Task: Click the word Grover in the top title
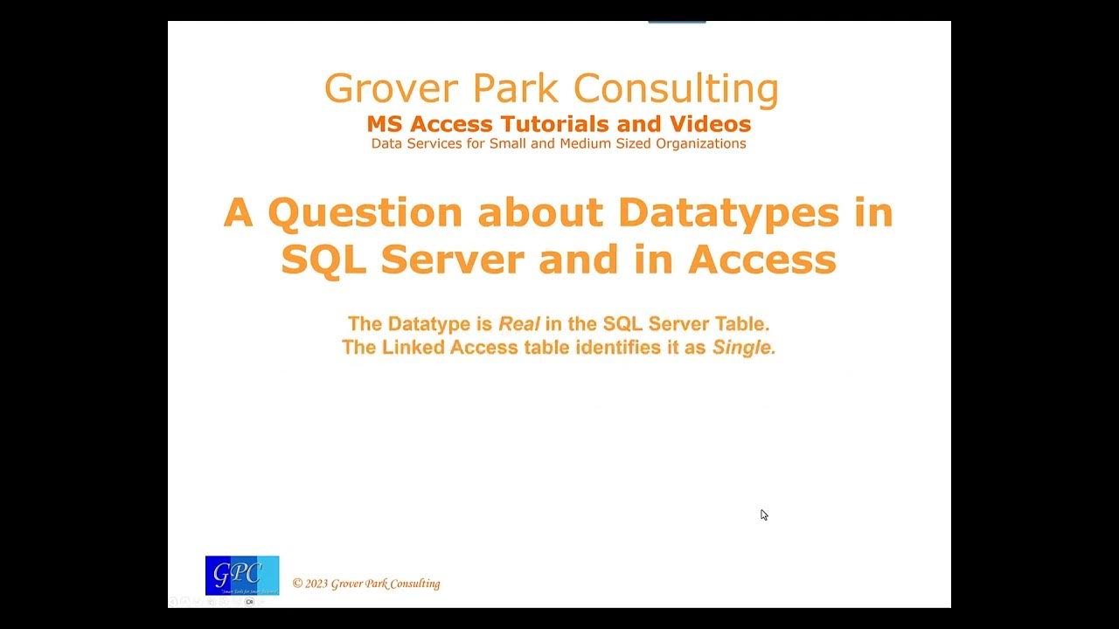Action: pos(390,89)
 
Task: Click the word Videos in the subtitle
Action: pos(711,124)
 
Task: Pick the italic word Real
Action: pos(518,324)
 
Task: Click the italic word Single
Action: pos(744,348)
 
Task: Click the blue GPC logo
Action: pos(242,576)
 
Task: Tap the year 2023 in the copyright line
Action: pos(316,584)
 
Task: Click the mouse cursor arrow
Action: pos(763,515)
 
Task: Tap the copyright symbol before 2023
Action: pos(297,584)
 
